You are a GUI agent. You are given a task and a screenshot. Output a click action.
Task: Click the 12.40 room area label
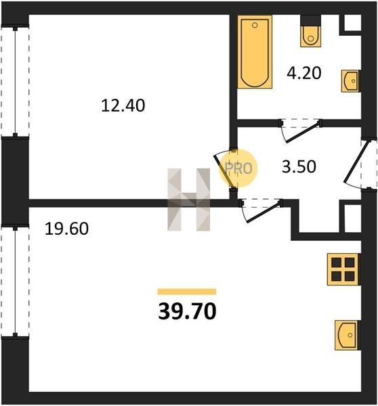point(123,106)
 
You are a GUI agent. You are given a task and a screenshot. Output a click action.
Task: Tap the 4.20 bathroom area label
point(304,73)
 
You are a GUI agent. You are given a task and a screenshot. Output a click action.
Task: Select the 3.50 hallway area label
point(299,166)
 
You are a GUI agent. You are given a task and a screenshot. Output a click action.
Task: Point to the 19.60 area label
point(66,229)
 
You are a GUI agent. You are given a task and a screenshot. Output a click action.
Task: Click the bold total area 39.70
point(187,311)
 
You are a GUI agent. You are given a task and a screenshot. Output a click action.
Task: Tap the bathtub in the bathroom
point(255,52)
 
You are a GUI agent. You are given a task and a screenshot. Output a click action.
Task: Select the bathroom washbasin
point(350,81)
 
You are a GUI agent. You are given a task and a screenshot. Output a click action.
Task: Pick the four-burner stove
point(343,269)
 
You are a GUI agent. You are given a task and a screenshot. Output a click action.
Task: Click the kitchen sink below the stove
point(346,336)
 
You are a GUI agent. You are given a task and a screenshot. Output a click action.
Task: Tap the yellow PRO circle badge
point(238,168)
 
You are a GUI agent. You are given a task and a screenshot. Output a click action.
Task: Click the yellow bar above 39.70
point(187,292)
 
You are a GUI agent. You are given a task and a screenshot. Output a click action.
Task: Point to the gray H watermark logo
point(188,200)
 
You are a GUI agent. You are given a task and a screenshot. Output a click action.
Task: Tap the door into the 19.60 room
point(261,210)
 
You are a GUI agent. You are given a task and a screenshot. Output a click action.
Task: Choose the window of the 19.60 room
point(15,282)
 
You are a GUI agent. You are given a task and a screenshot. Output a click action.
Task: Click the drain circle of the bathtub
point(255,25)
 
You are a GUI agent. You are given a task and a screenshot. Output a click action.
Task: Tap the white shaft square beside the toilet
point(352,22)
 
